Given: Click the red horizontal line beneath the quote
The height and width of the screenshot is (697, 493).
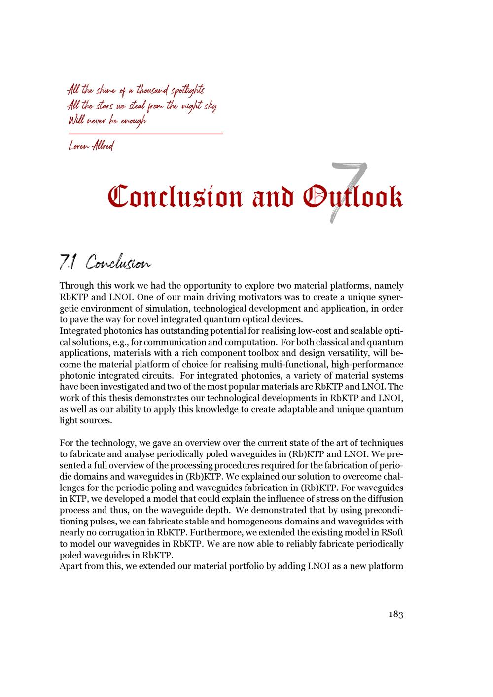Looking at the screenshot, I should pos(145,134).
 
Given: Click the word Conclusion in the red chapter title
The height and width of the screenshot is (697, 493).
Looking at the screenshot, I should pos(175,197).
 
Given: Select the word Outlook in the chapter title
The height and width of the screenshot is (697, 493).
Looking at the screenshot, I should pos(353,197).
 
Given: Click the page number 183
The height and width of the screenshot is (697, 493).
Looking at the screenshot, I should pos(396,614).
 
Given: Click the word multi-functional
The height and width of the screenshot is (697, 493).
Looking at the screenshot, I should pos(299,365).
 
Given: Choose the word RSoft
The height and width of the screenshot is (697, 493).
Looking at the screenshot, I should pos(391,533).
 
